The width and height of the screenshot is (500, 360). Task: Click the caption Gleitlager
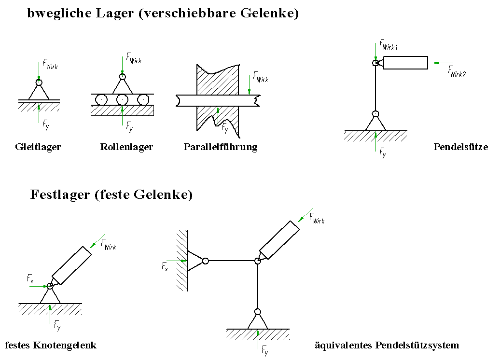coord(38,147)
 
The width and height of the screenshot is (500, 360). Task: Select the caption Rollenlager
coord(126,147)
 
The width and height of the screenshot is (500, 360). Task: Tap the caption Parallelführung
coord(221,147)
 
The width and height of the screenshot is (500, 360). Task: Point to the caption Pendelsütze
coord(461,147)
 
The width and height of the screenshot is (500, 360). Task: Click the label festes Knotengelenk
coord(51,346)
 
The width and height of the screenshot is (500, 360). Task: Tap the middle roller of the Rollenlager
coord(122,100)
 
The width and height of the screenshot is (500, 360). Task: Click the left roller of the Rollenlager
coord(101,100)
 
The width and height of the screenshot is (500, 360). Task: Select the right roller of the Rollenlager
coord(142,100)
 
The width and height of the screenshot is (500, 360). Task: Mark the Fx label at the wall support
coord(165,266)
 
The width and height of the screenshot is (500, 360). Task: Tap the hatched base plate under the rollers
coord(122,111)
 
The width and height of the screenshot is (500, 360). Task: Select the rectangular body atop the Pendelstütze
coord(405,63)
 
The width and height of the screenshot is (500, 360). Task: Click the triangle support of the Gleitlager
coord(39,92)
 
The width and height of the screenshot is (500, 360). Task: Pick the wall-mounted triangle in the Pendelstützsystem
coord(194,261)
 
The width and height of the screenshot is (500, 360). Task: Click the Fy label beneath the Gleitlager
coord(45,125)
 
